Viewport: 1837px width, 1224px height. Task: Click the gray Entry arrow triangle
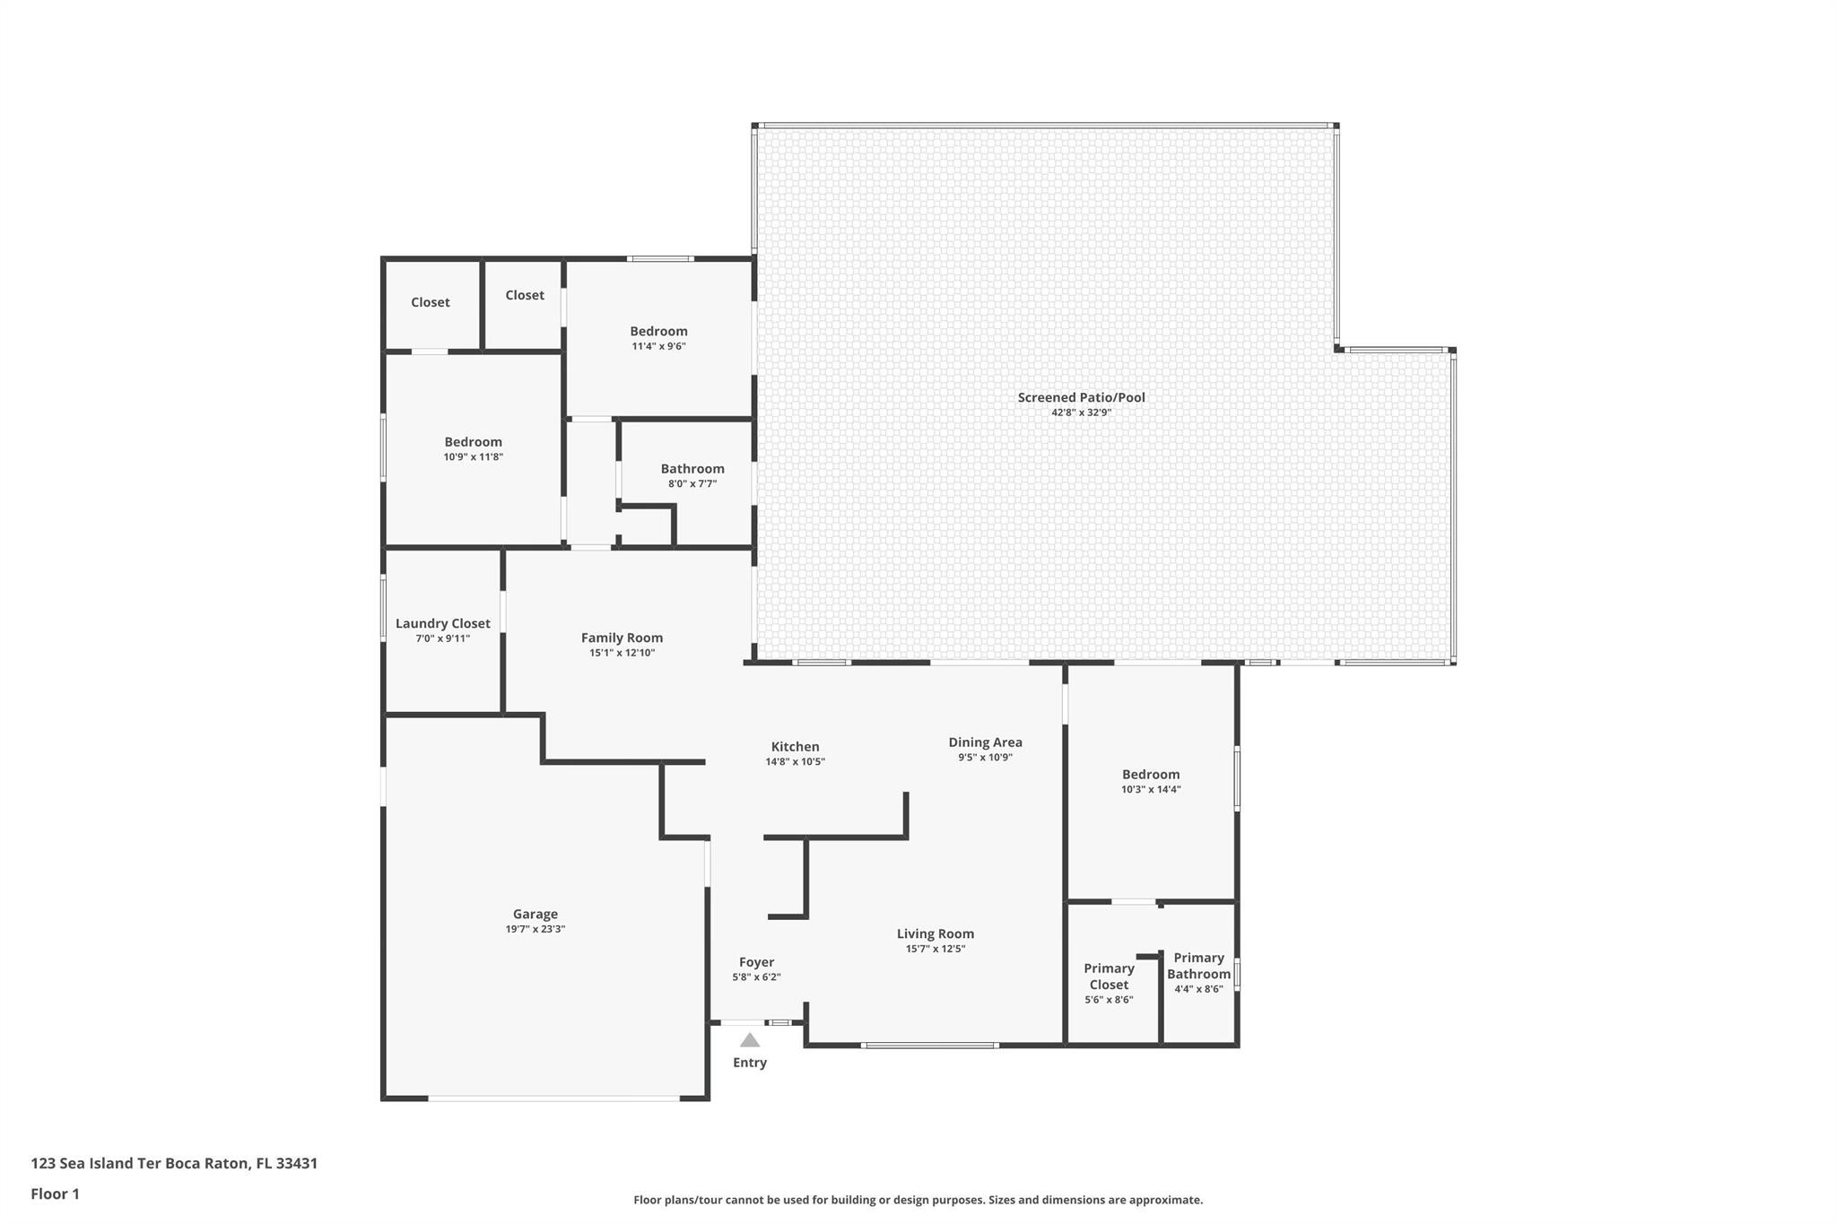point(750,1040)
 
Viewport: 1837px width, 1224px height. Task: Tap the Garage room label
point(535,914)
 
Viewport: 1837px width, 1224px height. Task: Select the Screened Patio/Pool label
point(1081,397)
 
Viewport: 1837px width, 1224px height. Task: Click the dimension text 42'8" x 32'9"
point(1081,412)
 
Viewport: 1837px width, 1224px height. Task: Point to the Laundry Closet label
point(443,623)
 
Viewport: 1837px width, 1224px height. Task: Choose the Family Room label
point(622,638)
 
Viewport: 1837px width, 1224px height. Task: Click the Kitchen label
point(795,746)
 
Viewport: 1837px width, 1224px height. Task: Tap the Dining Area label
point(985,742)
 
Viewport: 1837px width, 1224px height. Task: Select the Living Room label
point(935,933)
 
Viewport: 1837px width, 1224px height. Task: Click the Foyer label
point(756,962)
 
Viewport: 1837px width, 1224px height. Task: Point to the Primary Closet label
point(1109,976)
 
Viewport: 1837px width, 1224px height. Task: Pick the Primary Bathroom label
point(1198,966)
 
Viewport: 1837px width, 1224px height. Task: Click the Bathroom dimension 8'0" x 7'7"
point(692,484)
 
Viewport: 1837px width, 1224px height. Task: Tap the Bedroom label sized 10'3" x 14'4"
point(1151,774)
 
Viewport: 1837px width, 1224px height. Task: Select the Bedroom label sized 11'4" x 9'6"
point(658,331)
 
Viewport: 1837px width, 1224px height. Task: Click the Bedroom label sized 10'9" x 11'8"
point(473,441)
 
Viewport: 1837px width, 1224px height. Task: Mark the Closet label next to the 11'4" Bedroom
point(525,295)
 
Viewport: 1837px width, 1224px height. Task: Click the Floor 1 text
point(55,1194)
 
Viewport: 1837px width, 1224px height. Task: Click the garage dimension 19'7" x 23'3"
point(535,929)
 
